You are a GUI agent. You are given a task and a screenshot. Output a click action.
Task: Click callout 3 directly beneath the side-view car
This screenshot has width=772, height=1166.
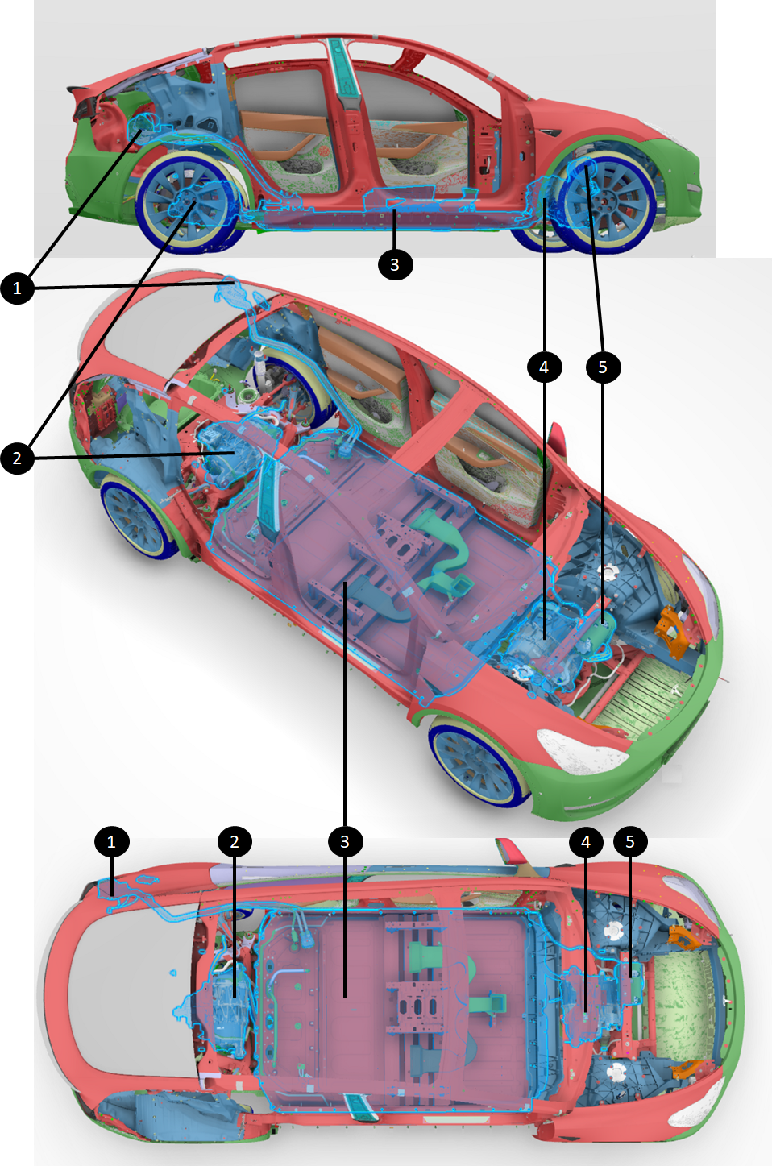[395, 264]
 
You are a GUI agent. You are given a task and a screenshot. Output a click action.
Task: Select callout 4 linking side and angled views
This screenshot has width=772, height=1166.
[544, 367]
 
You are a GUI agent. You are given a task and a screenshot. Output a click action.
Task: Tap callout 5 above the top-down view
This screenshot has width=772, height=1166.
[630, 842]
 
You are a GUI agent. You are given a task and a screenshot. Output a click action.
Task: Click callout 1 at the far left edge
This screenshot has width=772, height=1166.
[17, 288]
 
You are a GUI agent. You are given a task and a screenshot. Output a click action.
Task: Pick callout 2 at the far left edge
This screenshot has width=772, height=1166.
[17, 458]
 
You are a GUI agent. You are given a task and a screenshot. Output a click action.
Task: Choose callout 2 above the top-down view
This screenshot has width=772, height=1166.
[235, 842]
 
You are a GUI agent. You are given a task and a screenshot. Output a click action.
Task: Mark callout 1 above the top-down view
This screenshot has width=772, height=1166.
[111, 842]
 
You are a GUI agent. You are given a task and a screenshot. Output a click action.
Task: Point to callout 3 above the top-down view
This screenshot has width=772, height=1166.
[345, 842]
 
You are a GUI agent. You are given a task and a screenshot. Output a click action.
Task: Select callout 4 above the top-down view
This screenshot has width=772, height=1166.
[586, 842]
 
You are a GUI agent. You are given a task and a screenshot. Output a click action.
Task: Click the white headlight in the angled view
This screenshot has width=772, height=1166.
[580, 744]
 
